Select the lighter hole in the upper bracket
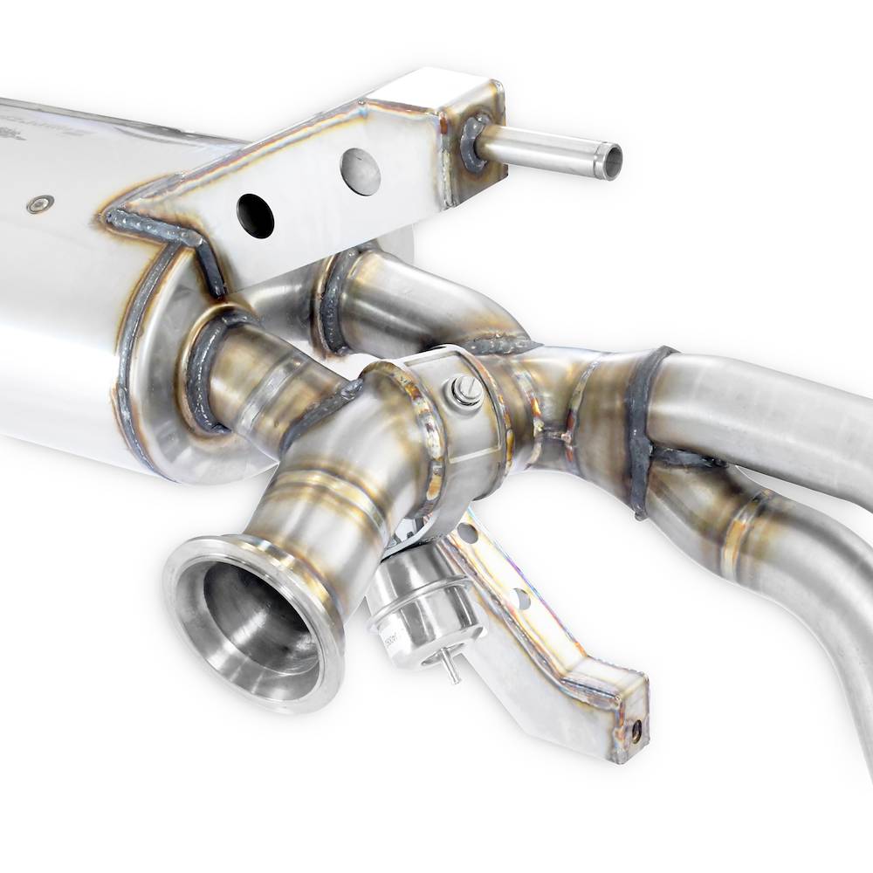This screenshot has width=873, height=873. (361, 172)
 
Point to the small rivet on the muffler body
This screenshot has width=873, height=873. (37, 204)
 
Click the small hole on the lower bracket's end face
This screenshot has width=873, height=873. (636, 732)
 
